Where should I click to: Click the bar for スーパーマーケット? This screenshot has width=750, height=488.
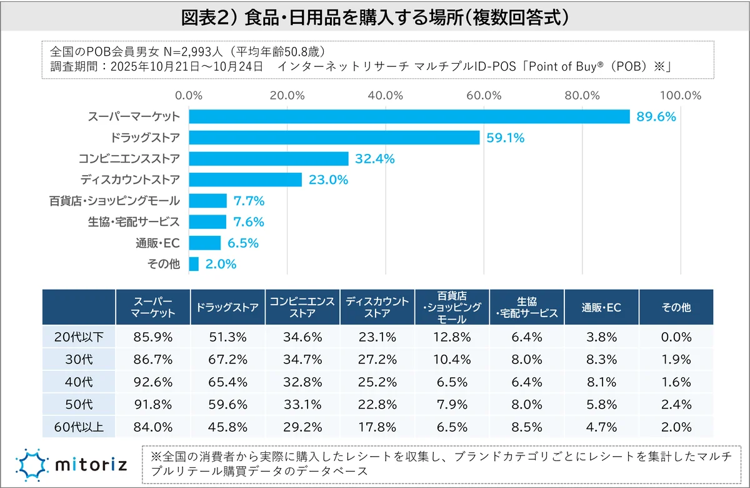point(409,116)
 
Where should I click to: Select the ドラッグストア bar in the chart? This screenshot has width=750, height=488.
point(334,138)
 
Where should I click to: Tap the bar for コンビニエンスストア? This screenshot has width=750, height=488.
point(269,159)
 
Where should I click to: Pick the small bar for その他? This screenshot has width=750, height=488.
point(194,264)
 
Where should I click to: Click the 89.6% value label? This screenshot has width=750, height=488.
point(656,116)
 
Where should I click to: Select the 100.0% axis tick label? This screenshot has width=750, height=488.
point(680,96)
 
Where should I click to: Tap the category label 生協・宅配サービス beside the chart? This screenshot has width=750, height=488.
point(134,222)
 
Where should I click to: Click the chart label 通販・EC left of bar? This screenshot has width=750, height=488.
point(157,243)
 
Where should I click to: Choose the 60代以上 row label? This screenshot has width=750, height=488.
point(79,428)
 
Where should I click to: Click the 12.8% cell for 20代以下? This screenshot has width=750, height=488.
point(452,337)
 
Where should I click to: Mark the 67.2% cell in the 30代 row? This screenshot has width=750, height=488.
point(228,360)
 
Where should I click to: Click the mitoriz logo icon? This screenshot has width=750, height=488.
point(30,465)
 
